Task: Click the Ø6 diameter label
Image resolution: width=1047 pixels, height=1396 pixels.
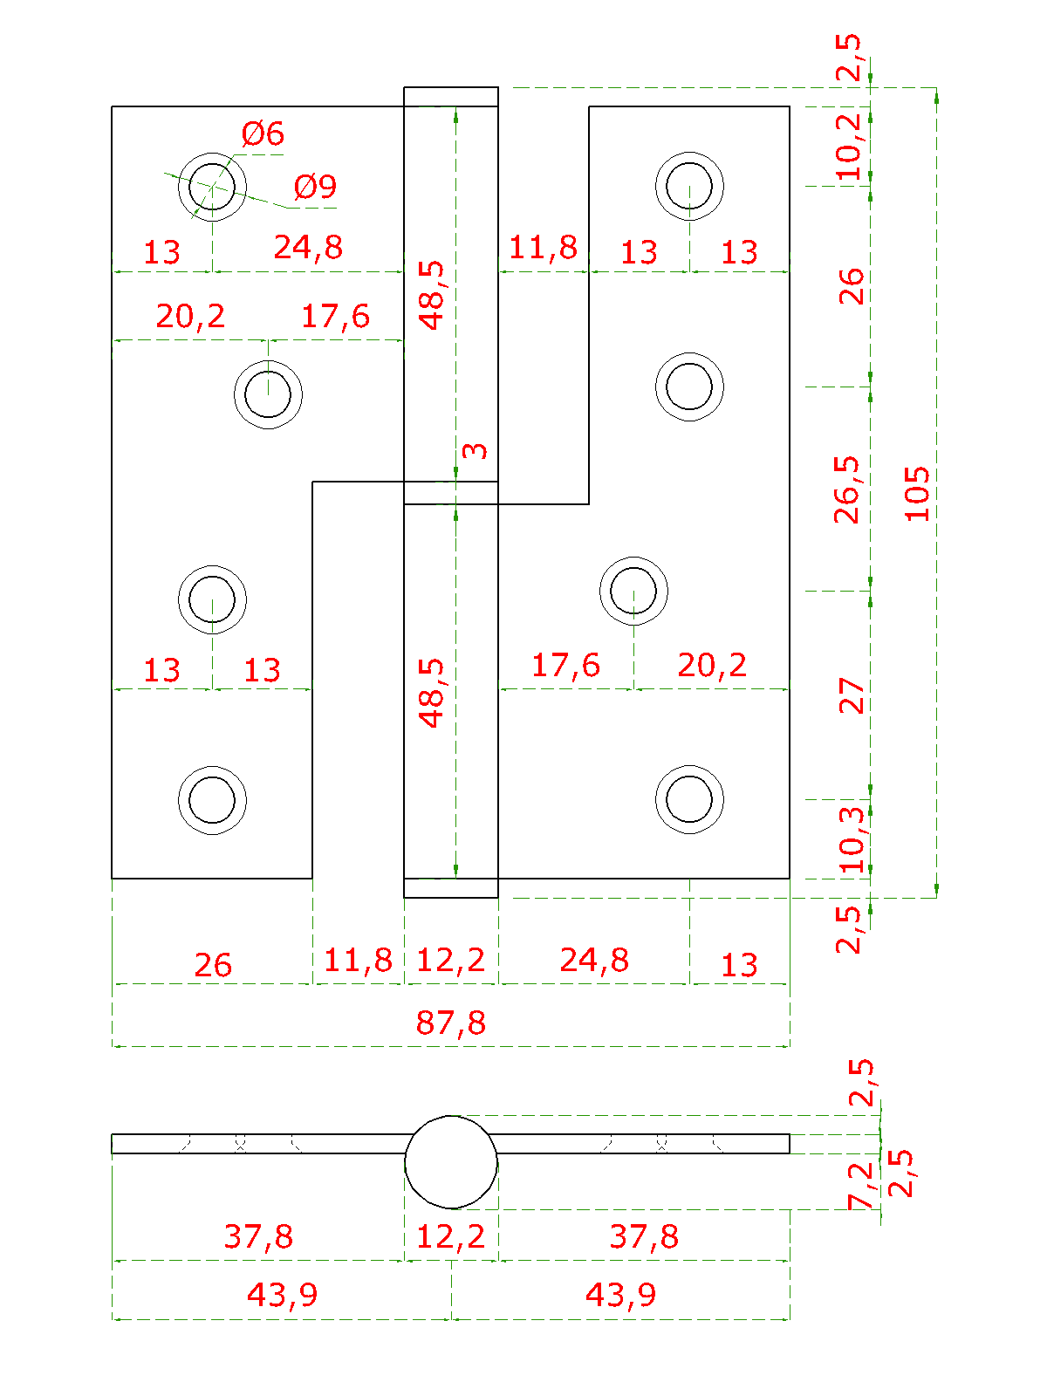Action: coord(263,133)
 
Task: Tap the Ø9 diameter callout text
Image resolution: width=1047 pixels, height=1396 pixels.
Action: coord(315,186)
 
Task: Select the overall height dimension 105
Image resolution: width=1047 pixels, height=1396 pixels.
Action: coord(917,493)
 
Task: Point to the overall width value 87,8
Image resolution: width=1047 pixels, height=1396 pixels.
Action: coord(450,1022)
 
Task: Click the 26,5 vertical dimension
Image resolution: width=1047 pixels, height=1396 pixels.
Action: coord(847,489)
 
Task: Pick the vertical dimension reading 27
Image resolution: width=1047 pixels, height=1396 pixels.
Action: coord(851,695)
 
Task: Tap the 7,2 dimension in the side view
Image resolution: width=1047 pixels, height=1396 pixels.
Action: coord(860,1185)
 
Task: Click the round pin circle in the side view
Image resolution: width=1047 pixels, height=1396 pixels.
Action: coord(451,1162)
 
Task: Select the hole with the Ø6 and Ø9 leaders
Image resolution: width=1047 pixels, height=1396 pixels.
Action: coord(212,186)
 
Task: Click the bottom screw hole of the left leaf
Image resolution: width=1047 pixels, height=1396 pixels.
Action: coord(212,800)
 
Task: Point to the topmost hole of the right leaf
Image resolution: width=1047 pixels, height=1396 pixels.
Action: coord(689,186)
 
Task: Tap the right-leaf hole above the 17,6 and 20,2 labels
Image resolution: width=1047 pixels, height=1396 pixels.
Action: coord(633,591)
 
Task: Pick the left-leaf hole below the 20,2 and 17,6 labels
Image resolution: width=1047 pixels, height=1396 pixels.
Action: coord(268,394)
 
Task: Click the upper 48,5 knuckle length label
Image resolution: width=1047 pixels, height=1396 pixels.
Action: coord(432,295)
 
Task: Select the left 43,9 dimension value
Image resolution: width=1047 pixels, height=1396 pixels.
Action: coord(282,1294)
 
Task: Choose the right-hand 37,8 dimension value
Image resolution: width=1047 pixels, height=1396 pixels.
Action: coord(644,1236)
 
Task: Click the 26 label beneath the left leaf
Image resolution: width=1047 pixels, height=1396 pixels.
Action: coord(213,965)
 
